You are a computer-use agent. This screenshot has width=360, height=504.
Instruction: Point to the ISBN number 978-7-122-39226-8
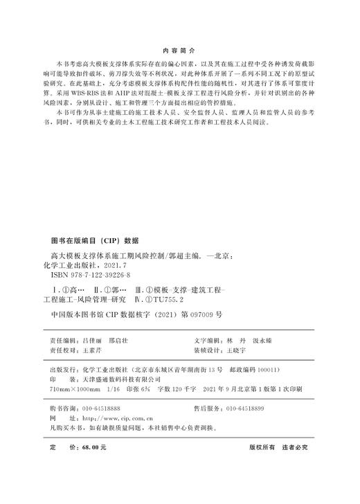click(x=91, y=275)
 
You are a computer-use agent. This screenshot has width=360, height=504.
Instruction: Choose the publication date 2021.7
click(x=116, y=264)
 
